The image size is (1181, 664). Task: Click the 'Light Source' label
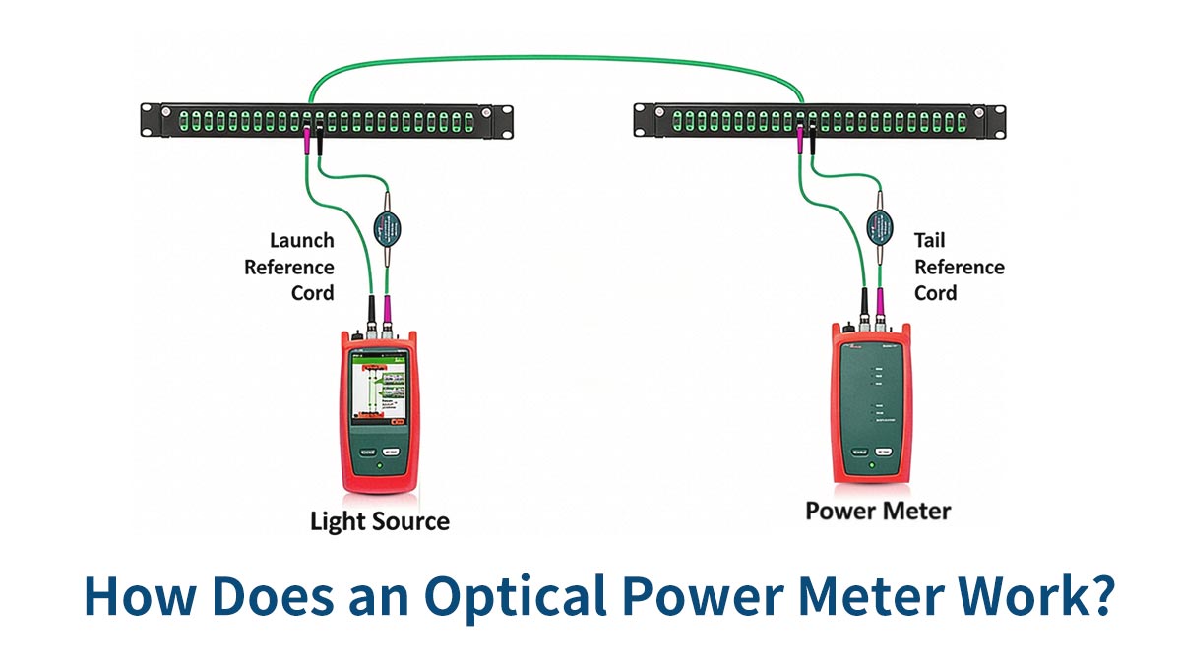coord(380,520)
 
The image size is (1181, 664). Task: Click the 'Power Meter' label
coord(878,511)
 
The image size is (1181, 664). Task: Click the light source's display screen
coord(380,390)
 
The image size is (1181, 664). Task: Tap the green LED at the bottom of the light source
coord(379,465)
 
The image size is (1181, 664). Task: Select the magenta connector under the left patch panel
coord(308,141)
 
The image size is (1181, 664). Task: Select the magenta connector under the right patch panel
coord(800,141)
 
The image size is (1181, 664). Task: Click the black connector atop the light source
coord(371,309)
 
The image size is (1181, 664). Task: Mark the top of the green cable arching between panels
coord(556,57)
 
